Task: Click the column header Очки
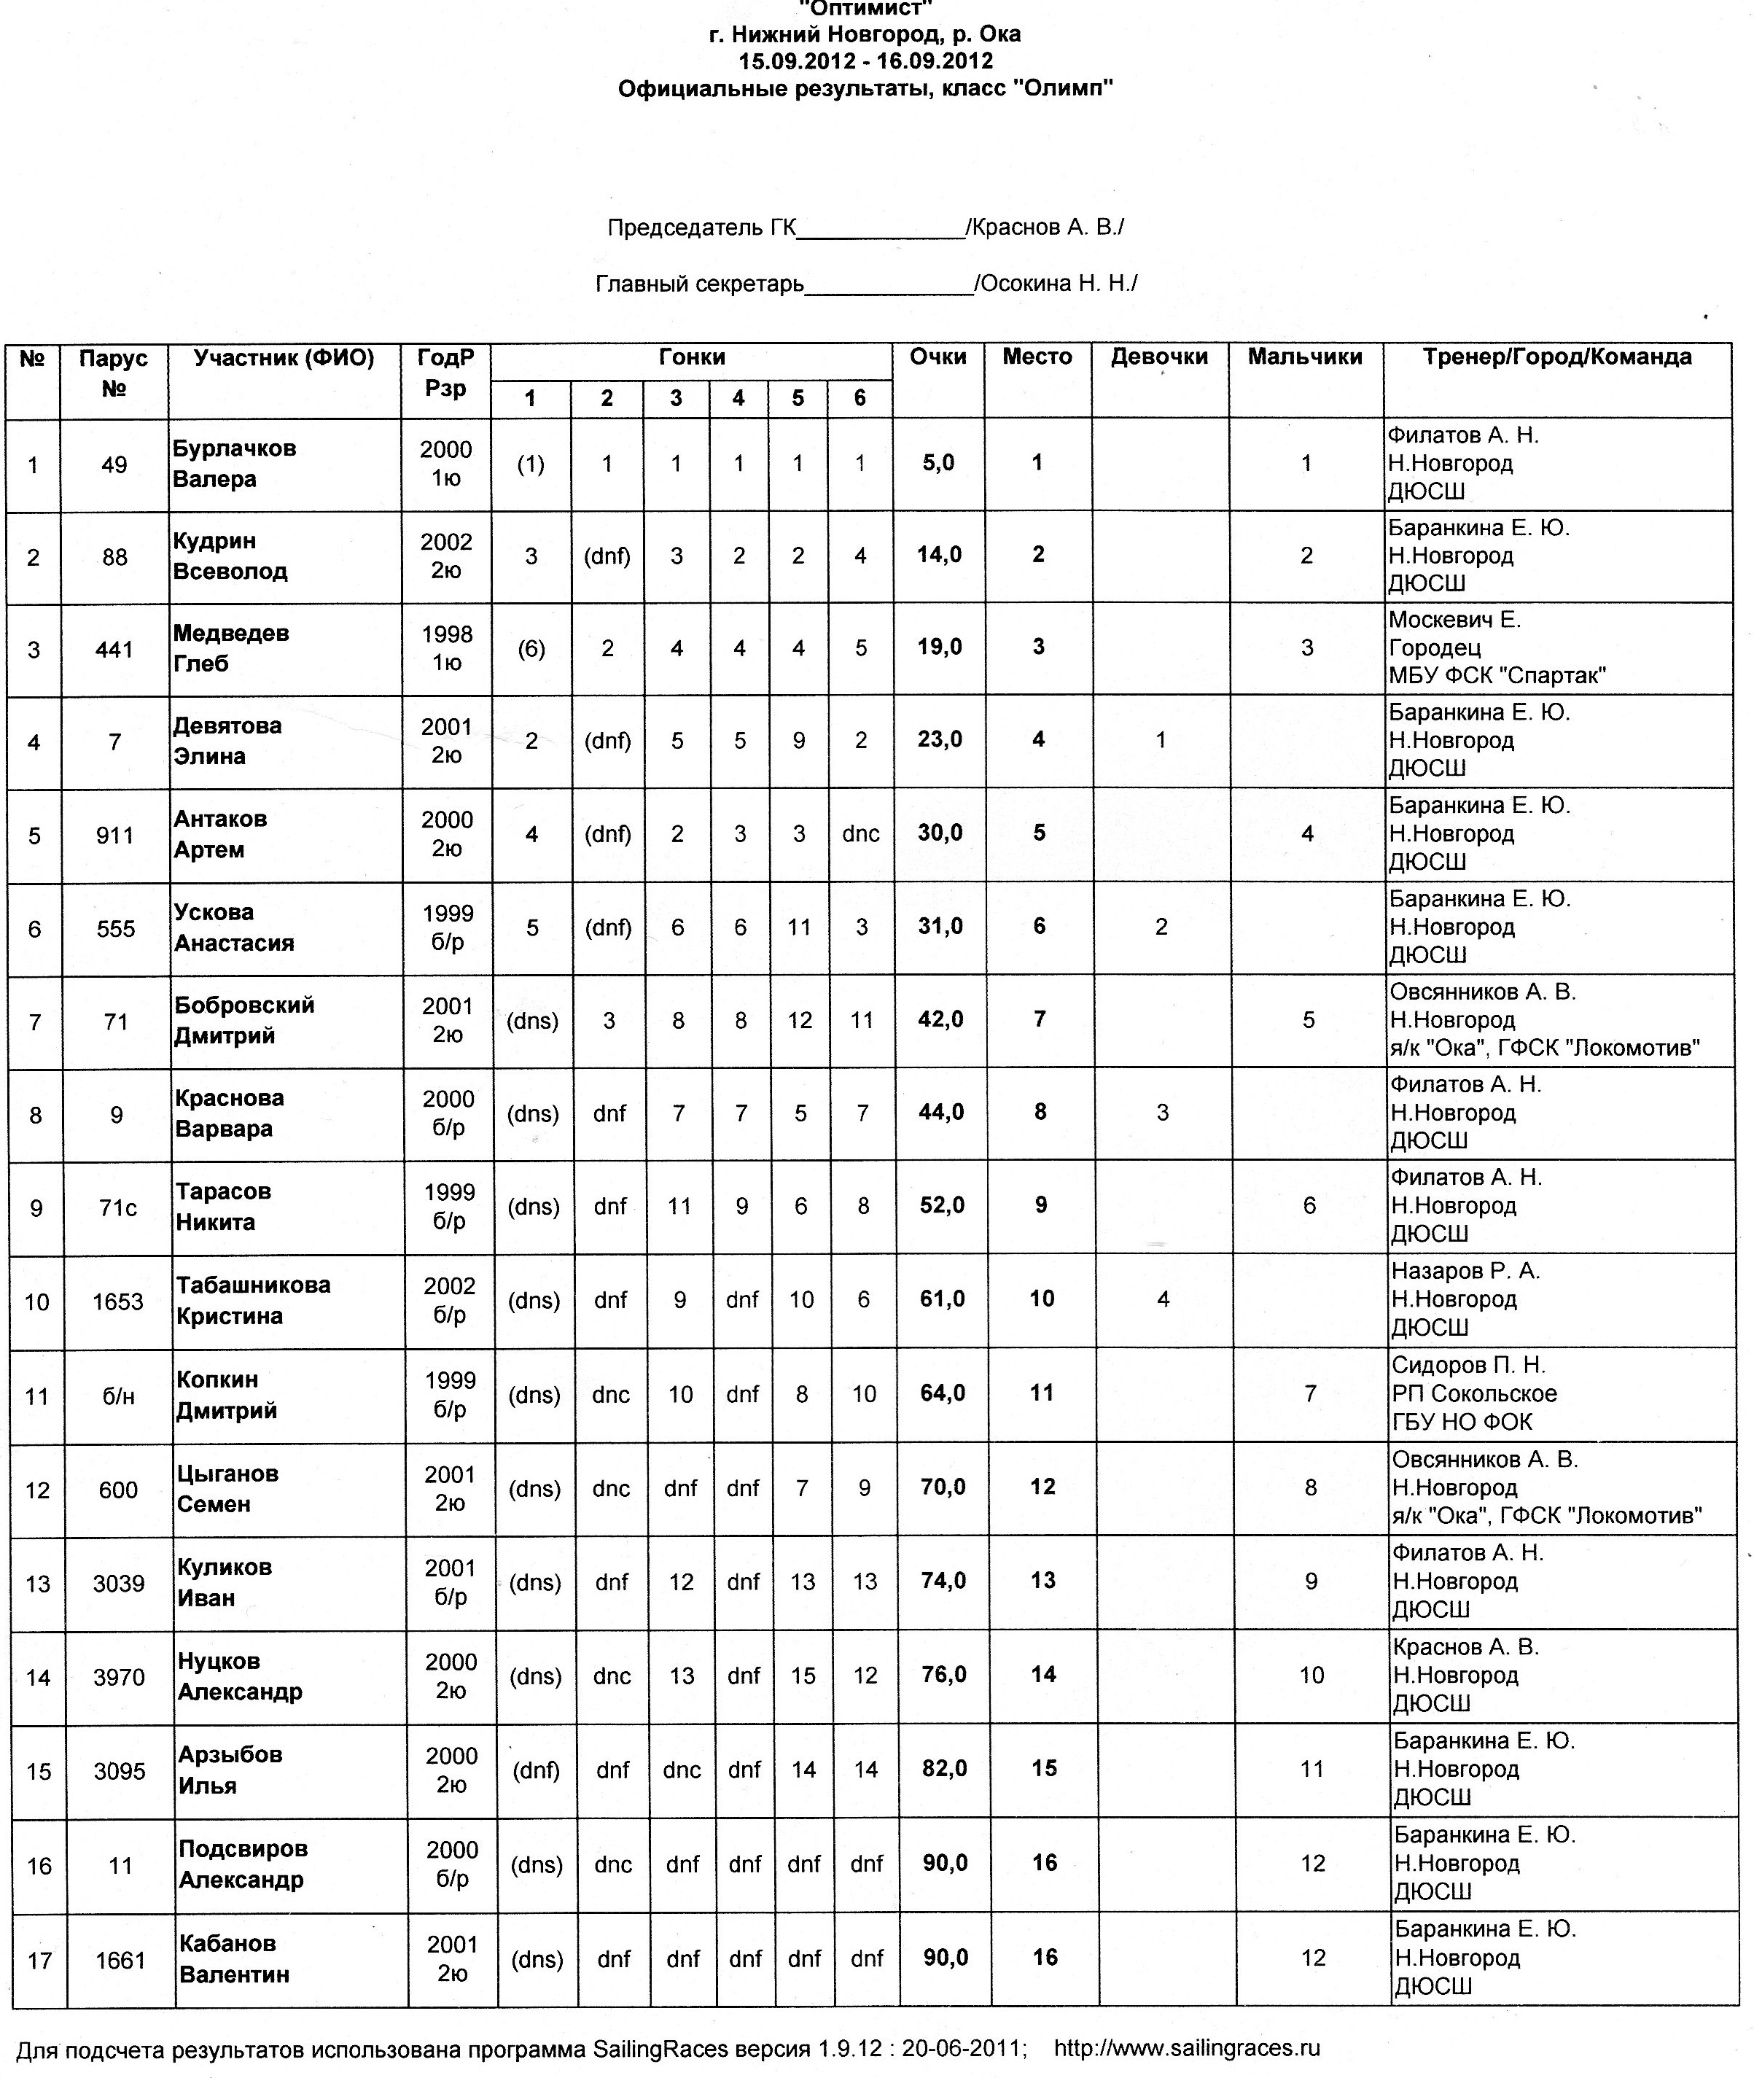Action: tap(938, 357)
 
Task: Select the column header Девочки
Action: tap(1159, 357)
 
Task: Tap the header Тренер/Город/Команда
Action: tap(1556, 357)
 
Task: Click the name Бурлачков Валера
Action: tap(235, 463)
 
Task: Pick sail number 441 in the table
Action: tap(114, 649)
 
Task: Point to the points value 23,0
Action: tap(940, 740)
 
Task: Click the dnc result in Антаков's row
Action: tap(860, 834)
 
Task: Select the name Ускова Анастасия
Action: tap(235, 927)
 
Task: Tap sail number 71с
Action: tap(117, 1207)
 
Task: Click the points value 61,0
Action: tap(942, 1299)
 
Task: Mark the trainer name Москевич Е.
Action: tap(1454, 620)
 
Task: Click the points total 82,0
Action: tap(943, 1769)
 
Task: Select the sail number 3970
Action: tap(120, 1677)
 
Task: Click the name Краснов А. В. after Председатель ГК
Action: tap(1046, 227)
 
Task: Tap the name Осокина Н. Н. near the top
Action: tap(1057, 284)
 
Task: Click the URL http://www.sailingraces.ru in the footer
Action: tap(1186, 2048)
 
